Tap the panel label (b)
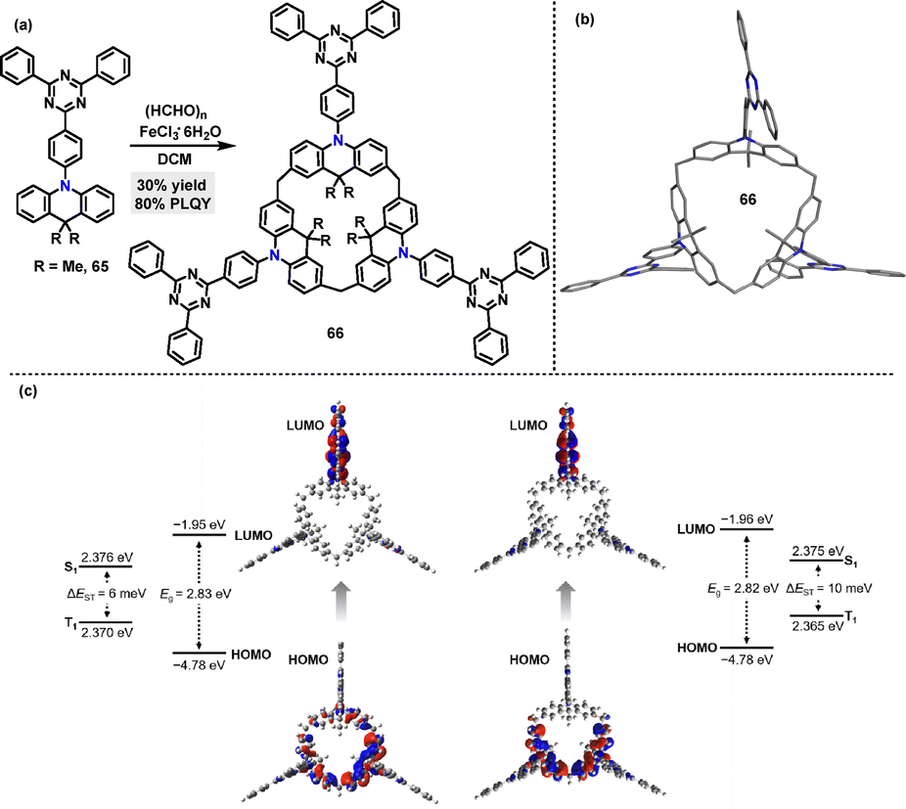coord(584,19)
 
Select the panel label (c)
coord(27,391)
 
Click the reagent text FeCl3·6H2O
coord(180,133)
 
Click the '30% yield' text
coord(171,186)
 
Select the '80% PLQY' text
coord(173,204)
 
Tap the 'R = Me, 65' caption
coord(71,267)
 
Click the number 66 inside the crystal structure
coord(747,200)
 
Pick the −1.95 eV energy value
coord(200,524)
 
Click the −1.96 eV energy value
coord(747,518)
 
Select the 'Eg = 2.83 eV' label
coord(196,594)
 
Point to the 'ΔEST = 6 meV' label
coord(106,594)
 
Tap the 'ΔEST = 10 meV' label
coord(829,588)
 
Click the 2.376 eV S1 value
coord(107,558)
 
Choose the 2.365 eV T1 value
coord(817,626)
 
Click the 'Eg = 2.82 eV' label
coord(743,588)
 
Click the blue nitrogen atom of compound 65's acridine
coord(66,186)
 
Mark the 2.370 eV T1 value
coord(107,633)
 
